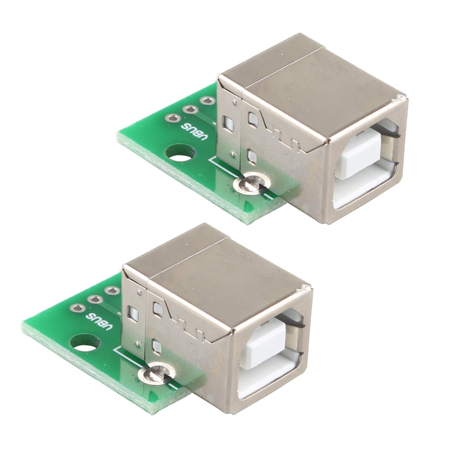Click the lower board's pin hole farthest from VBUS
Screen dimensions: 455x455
(x=111, y=291)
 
